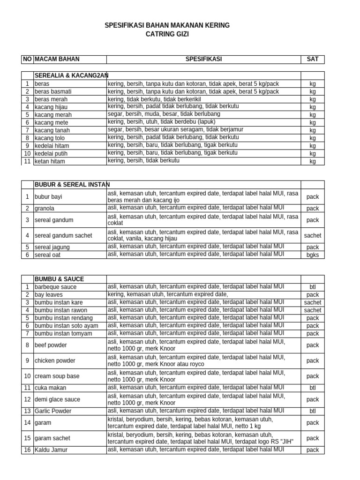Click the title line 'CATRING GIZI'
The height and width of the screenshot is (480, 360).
click(x=167, y=34)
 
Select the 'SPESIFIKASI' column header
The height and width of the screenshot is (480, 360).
click(x=203, y=59)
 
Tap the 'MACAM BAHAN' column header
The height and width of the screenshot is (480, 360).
click(x=57, y=59)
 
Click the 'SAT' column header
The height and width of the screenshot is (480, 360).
click(x=312, y=59)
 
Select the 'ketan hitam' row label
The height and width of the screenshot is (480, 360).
click(x=50, y=161)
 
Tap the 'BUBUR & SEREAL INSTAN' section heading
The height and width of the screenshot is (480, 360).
click(x=72, y=185)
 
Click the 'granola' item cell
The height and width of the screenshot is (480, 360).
click(x=45, y=208)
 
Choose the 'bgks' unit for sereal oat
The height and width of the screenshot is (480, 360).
click(x=312, y=255)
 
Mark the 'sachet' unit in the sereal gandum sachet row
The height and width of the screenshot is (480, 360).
click(x=312, y=236)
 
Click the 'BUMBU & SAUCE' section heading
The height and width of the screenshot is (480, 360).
click(x=59, y=279)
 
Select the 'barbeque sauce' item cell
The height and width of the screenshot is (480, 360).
click(x=55, y=287)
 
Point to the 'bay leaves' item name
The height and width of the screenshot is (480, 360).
click(x=49, y=295)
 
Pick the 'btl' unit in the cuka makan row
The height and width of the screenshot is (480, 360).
click(x=312, y=388)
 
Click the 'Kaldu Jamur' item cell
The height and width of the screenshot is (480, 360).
click(x=51, y=450)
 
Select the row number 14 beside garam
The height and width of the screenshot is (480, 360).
click(x=28, y=423)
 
